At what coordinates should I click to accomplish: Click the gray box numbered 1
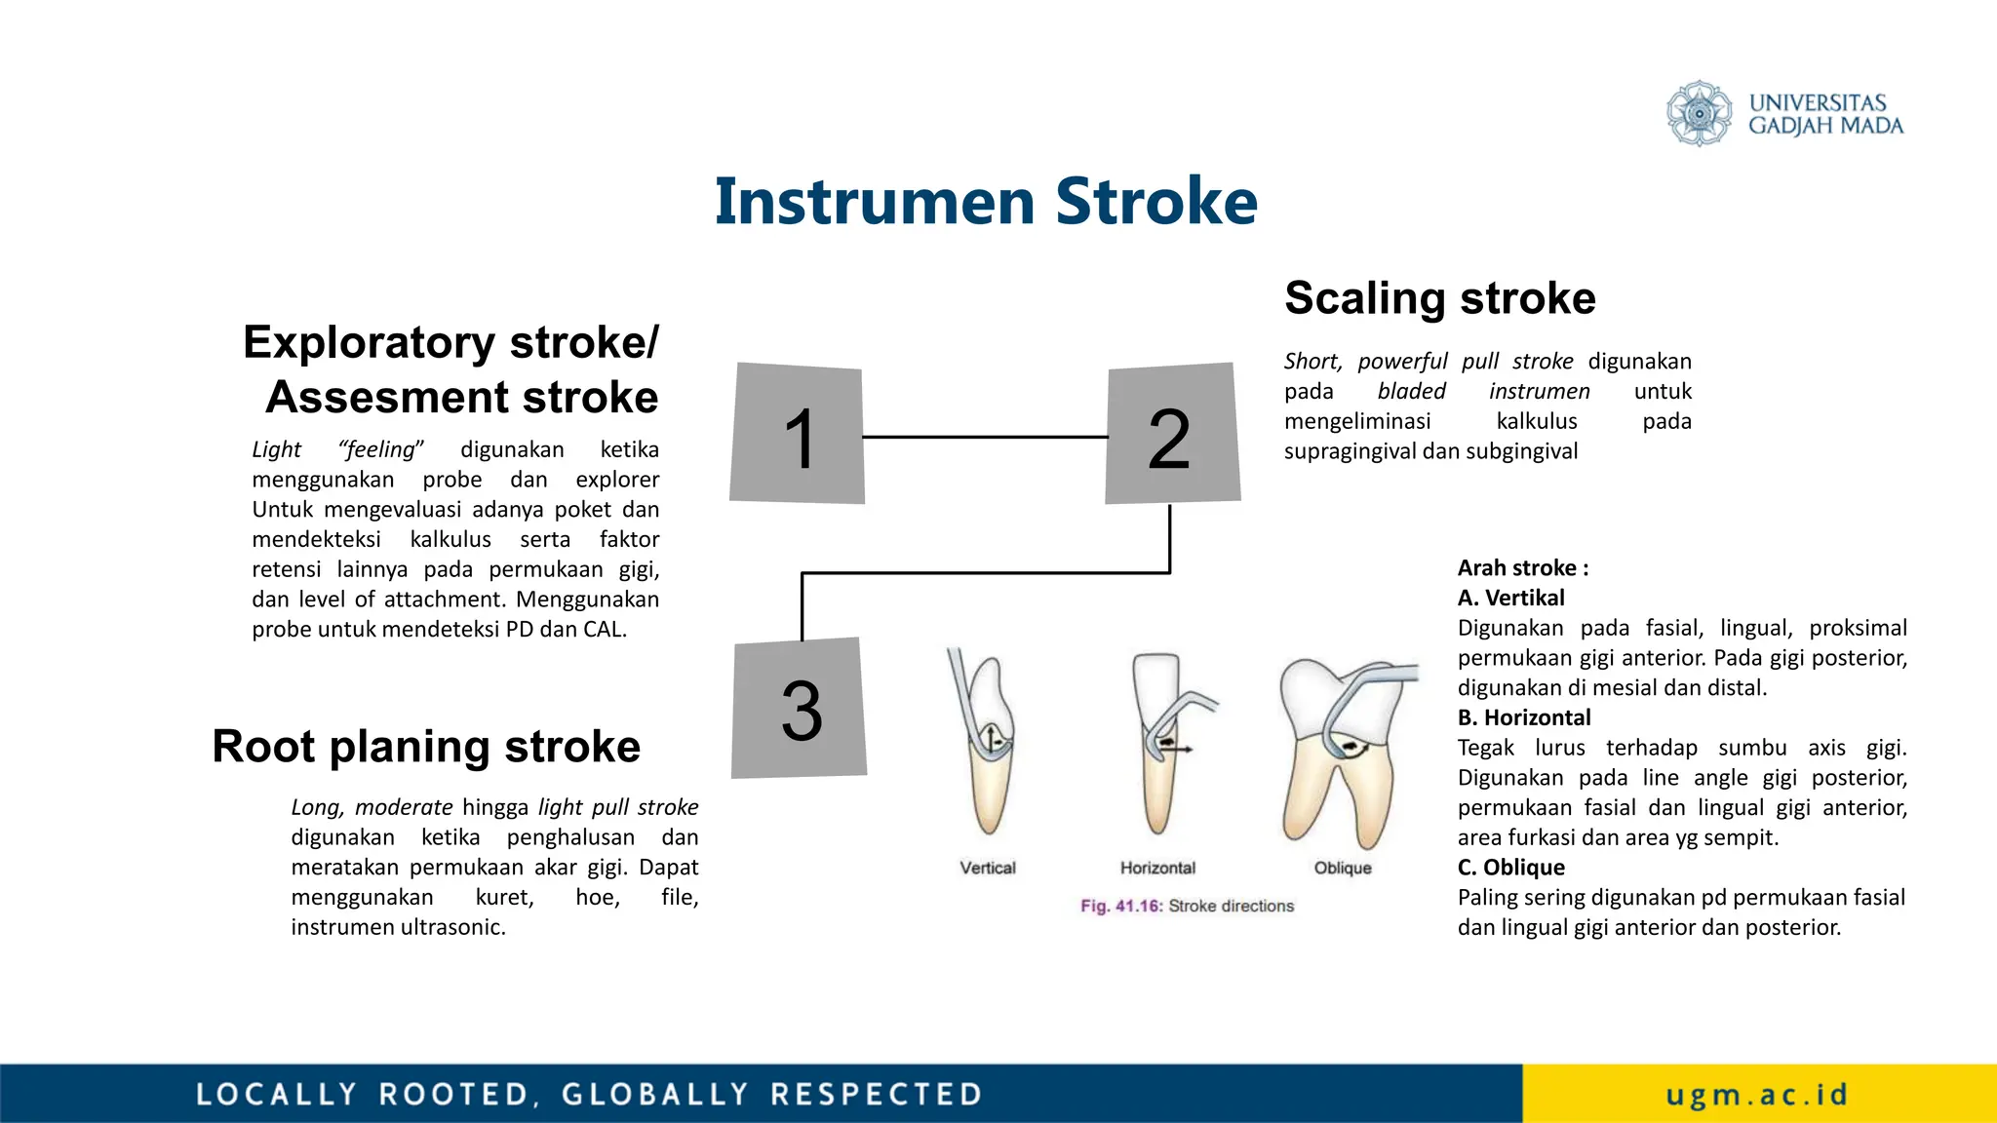(798, 435)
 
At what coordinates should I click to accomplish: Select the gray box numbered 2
(1171, 435)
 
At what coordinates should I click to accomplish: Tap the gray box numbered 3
(800, 709)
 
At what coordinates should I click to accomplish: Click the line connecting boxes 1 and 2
(985, 437)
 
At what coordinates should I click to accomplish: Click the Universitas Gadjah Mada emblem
(1699, 113)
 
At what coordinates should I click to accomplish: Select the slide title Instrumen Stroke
(986, 202)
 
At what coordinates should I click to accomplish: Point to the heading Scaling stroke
(1439, 297)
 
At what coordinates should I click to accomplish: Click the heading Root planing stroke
(426, 747)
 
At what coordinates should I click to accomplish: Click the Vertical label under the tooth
(987, 868)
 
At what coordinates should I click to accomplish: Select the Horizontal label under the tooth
(1157, 868)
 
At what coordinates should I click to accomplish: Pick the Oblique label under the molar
(1342, 868)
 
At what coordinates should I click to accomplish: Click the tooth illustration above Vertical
(987, 746)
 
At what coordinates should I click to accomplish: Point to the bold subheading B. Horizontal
(1523, 717)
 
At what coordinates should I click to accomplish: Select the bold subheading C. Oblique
(1510, 868)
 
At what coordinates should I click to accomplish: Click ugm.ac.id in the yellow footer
(1757, 1095)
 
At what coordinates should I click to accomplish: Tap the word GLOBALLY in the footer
(655, 1095)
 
